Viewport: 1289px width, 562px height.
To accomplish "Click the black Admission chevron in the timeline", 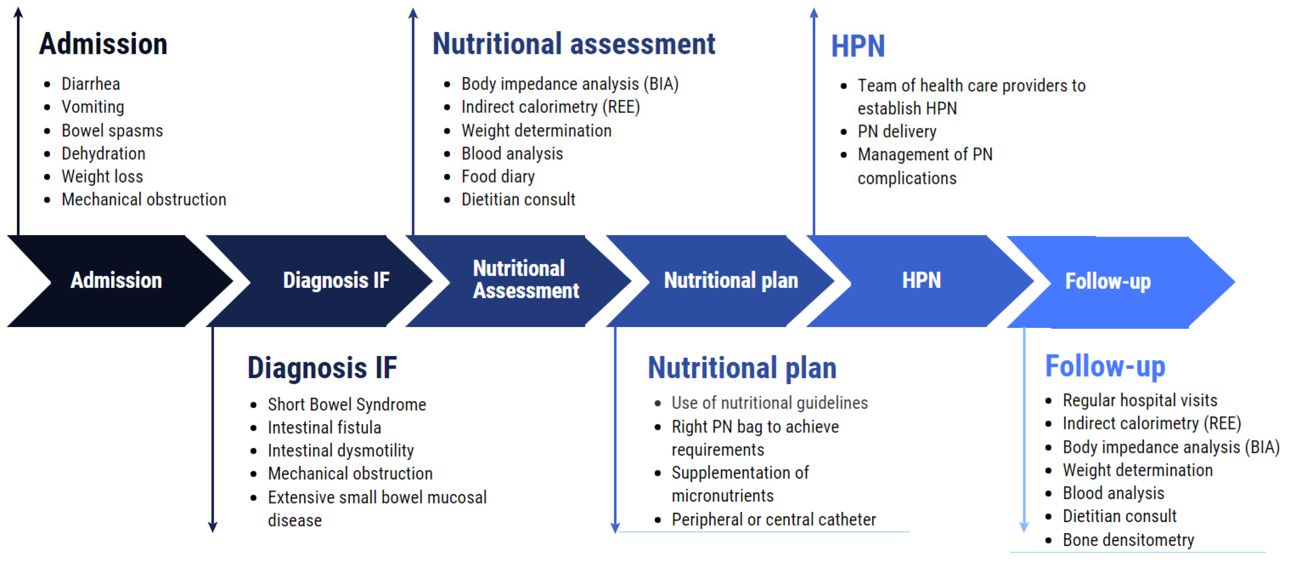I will click(x=116, y=280).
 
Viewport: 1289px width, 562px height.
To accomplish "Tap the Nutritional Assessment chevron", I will click(x=525, y=280).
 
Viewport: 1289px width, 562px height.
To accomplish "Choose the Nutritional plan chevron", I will click(x=731, y=280).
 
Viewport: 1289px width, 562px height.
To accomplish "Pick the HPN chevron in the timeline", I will click(x=921, y=280).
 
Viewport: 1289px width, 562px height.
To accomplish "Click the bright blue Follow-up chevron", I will click(x=1108, y=281).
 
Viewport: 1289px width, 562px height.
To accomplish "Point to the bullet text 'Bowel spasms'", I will click(x=112, y=130).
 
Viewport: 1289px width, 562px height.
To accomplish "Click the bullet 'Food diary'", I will click(x=498, y=177).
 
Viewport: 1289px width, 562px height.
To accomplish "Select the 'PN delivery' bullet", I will click(x=897, y=132).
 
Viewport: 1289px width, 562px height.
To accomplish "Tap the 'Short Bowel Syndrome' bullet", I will click(x=347, y=404).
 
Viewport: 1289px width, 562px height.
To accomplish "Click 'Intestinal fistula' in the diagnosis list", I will click(x=324, y=428).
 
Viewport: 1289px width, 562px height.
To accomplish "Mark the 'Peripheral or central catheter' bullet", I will click(x=773, y=520).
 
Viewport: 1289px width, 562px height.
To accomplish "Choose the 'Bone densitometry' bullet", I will click(x=1128, y=540).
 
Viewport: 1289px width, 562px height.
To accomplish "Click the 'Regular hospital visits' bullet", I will click(x=1140, y=400).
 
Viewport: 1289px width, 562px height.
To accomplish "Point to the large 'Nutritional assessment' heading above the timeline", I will click(x=573, y=44).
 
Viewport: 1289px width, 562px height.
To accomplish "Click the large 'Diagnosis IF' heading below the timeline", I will click(x=322, y=368).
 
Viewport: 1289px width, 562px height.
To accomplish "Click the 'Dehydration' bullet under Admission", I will click(x=103, y=154).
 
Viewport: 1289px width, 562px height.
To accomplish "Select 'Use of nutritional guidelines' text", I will click(x=769, y=403).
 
